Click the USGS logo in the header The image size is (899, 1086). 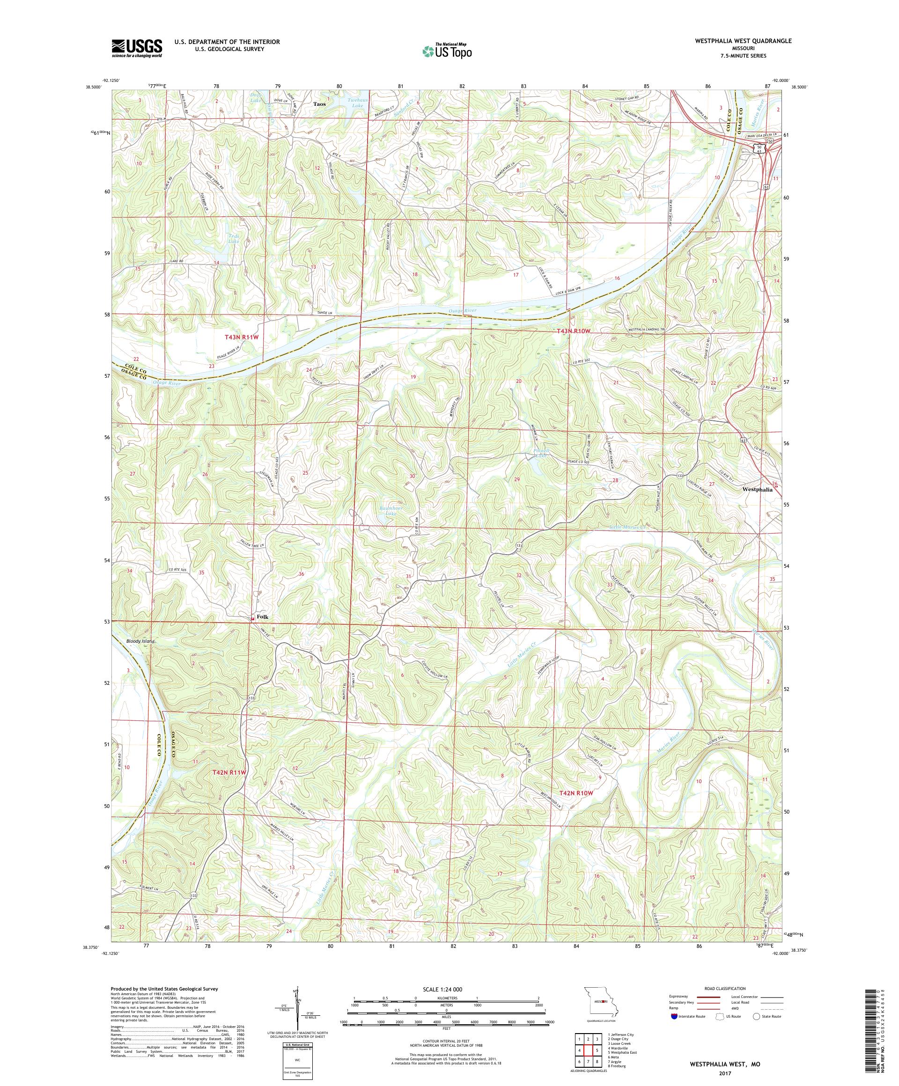tap(137, 49)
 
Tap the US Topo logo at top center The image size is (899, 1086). tap(448, 51)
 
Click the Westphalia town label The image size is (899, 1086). tap(757, 489)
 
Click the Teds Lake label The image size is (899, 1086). tap(234, 238)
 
